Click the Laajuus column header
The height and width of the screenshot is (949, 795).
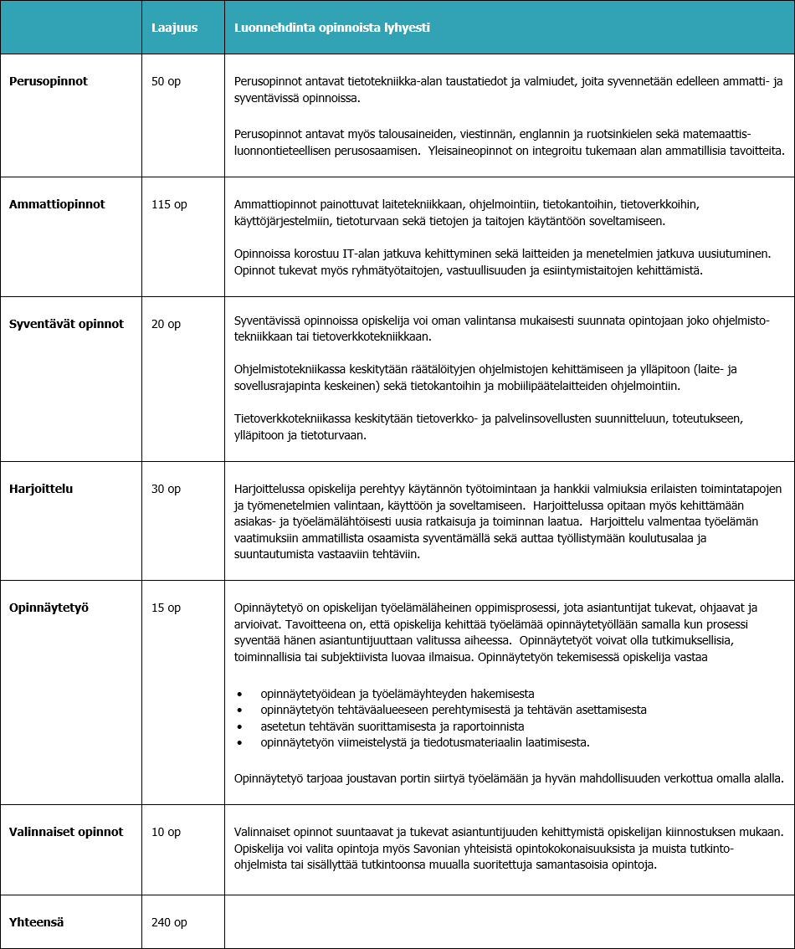[174, 28]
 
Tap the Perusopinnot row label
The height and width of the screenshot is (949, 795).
[49, 81]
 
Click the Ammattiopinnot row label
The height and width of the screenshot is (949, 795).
[57, 203]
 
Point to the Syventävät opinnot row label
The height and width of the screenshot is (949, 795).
[66, 323]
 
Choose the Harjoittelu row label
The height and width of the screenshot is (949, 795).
[41, 488]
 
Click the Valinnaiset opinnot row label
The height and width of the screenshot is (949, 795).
[66, 832]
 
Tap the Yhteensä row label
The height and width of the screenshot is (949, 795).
[37, 922]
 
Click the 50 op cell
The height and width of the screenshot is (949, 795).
[166, 81]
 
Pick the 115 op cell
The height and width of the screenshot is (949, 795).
[169, 203]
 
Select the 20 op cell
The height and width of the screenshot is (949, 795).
[166, 323]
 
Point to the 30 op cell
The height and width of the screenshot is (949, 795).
[166, 488]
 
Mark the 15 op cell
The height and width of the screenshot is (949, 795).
[166, 608]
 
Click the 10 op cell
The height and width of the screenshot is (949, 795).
[166, 832]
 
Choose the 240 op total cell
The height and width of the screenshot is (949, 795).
[169, 922]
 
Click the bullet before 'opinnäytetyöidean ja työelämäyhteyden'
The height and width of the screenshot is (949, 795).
[239, 695]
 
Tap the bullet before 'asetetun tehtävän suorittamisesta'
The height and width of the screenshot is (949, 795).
[239, 726]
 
